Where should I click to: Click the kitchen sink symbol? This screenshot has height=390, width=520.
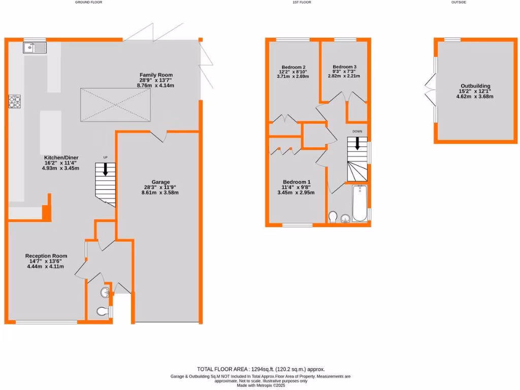35,48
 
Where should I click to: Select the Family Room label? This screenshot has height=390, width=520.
156,75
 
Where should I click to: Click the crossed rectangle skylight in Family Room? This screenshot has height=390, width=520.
116,105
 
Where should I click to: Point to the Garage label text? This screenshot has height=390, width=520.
160,182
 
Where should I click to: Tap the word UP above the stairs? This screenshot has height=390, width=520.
106,157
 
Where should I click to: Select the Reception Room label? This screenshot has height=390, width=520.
46,256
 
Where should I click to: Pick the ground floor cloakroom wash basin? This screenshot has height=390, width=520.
105,292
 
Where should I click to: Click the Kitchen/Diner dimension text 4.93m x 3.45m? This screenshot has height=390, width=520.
60,168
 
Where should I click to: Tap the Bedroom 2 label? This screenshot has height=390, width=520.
294,67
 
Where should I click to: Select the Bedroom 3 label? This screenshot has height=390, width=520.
344,67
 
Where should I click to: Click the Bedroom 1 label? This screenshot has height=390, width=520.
296,182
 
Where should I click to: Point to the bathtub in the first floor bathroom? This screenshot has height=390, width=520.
360,204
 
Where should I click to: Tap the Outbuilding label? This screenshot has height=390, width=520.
475,86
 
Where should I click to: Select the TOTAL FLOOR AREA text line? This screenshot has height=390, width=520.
261,369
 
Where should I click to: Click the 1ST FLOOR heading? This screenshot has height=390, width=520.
302,3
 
